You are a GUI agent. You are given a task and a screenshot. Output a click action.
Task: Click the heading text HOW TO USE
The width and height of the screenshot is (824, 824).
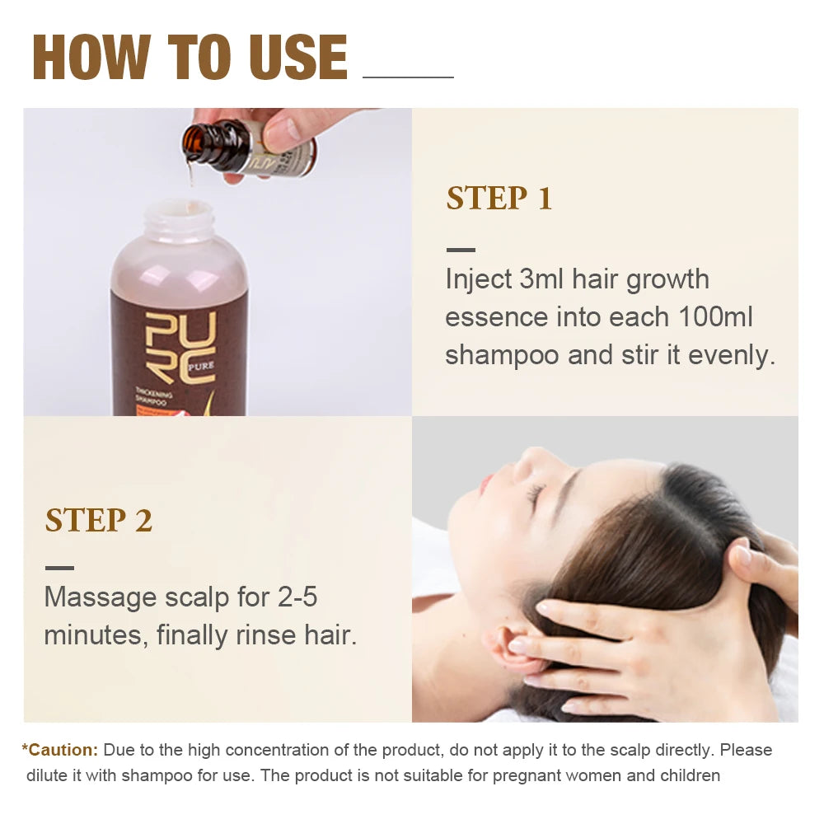pos(190,57)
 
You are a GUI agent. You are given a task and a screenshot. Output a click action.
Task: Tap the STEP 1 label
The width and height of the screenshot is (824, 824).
pos(499,199)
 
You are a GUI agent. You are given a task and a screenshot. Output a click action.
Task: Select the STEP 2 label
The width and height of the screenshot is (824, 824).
pos(98,521)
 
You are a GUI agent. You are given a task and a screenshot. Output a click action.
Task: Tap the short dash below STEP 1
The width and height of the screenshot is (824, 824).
pos(461,250)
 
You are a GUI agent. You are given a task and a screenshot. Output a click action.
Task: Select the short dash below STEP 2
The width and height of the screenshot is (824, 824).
pos(59,568)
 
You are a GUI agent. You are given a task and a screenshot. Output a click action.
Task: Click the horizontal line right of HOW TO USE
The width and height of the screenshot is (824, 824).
pos(408,77)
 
